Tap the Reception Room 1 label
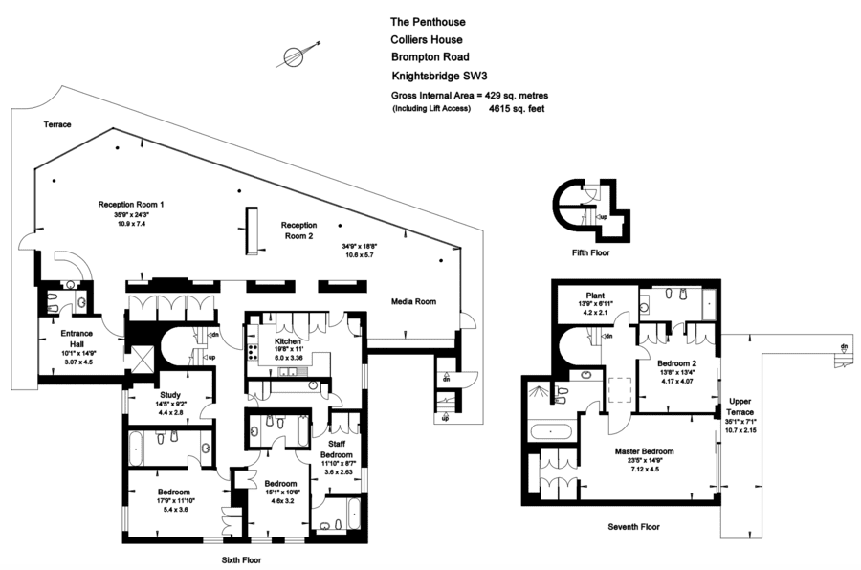pyautogui.click(x=131, y=205)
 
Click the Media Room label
pyautogui.click(x=413, y=302)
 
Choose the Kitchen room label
pyautogui.click(x=288, y=341)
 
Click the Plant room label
pyautogui.click(x=596, y=296)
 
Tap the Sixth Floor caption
pyautogui.click(x=236, y=559)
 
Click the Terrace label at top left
pyautogui.click(x=57, y=125)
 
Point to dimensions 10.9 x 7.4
pyautogui.click(x=131, y=224)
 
